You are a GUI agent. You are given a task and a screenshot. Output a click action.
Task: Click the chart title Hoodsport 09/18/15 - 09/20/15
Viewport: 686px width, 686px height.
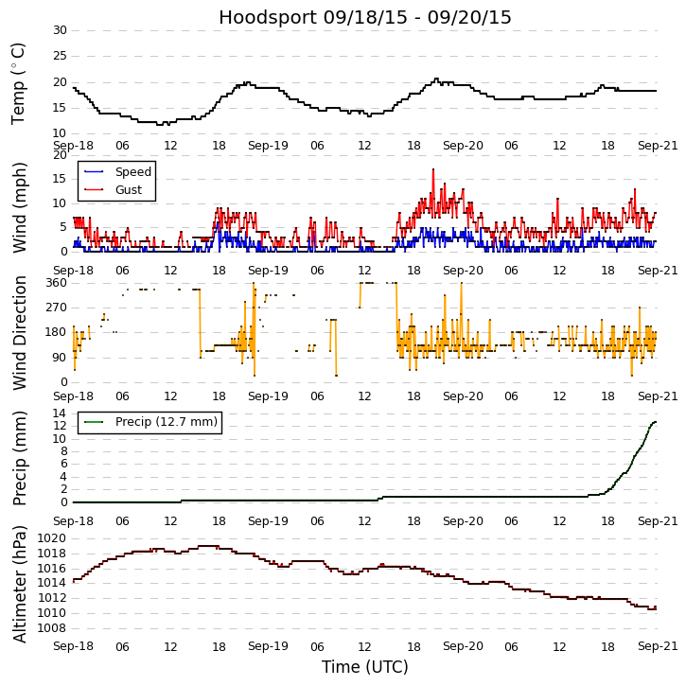pos(365,17)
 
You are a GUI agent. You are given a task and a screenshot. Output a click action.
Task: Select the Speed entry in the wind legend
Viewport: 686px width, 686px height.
pos(132,172)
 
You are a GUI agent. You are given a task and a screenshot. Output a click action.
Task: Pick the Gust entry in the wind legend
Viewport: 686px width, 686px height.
pos(128,190)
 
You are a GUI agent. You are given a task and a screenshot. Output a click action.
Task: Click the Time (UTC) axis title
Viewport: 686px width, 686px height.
pos(365,667)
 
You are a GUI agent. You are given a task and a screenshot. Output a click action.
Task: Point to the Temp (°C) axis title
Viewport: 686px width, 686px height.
pos(19,83)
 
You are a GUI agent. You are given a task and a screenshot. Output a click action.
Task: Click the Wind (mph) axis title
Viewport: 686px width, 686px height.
pos(19,206)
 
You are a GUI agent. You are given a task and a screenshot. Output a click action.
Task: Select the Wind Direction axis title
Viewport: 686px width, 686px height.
pos(19,332)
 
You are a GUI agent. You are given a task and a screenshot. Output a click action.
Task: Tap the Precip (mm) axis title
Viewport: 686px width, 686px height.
pos(19,458)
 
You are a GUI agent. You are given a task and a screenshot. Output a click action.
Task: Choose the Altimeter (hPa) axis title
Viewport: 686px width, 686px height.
pos(19,584)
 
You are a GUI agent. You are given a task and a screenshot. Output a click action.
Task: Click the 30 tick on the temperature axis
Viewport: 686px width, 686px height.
pos(60,30)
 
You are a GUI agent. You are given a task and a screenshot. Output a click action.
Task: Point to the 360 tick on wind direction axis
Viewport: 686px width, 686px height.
pos(56,283)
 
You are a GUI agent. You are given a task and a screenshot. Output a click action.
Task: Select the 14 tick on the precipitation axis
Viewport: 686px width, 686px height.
pos(60,413)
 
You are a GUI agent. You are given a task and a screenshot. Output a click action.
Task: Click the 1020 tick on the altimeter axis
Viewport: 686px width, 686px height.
pos(52,538)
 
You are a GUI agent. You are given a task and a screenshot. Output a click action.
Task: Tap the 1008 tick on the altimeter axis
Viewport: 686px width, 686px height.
pos(52,627)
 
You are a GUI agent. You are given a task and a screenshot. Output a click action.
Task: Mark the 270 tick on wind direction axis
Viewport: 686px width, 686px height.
pos(56,308)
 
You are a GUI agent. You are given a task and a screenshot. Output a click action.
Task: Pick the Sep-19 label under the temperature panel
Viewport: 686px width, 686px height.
pos(268,147)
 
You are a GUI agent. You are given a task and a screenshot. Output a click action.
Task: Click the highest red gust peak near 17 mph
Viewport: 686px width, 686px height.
pos(433,169)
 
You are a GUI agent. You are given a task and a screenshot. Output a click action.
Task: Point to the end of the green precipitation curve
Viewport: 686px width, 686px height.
pos(656,422)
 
